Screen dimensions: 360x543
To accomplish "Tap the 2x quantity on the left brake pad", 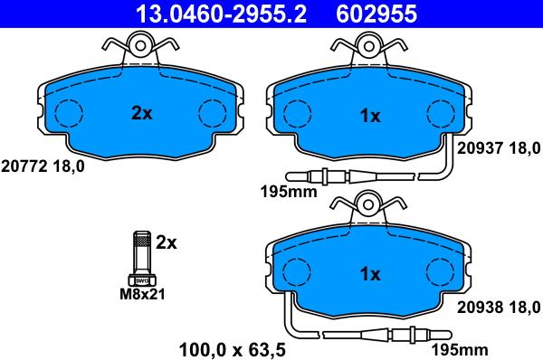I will coord(141,113).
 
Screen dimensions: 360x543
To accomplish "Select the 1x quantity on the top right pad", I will coord(370,116).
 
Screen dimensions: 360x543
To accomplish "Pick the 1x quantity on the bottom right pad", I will coord(370,274).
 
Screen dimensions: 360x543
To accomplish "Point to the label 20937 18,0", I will coord(498,148).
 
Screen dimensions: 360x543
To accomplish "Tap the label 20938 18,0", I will coord(498,306).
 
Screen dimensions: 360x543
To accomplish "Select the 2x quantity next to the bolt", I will coord(167,242).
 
